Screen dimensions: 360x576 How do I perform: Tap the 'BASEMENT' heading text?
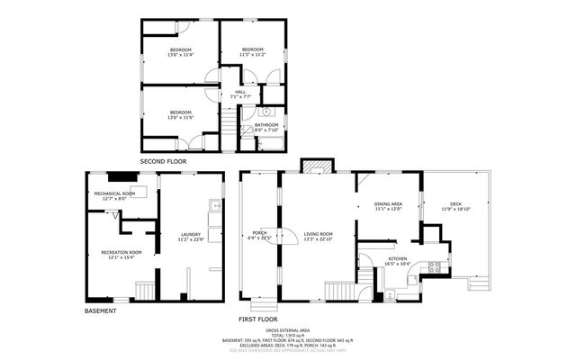(101, 310)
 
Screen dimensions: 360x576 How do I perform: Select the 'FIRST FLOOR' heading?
(258, 319)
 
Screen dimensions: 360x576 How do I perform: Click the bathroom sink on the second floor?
(266, 112)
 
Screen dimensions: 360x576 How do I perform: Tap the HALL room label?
(240, 94)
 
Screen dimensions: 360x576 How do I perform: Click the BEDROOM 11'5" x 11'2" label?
(252, 52)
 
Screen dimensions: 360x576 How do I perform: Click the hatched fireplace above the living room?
(315, 167)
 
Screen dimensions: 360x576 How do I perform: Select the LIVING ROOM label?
(319, 237)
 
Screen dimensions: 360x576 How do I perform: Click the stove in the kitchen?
(434, 267)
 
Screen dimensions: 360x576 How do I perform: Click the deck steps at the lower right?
(477, 282)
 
